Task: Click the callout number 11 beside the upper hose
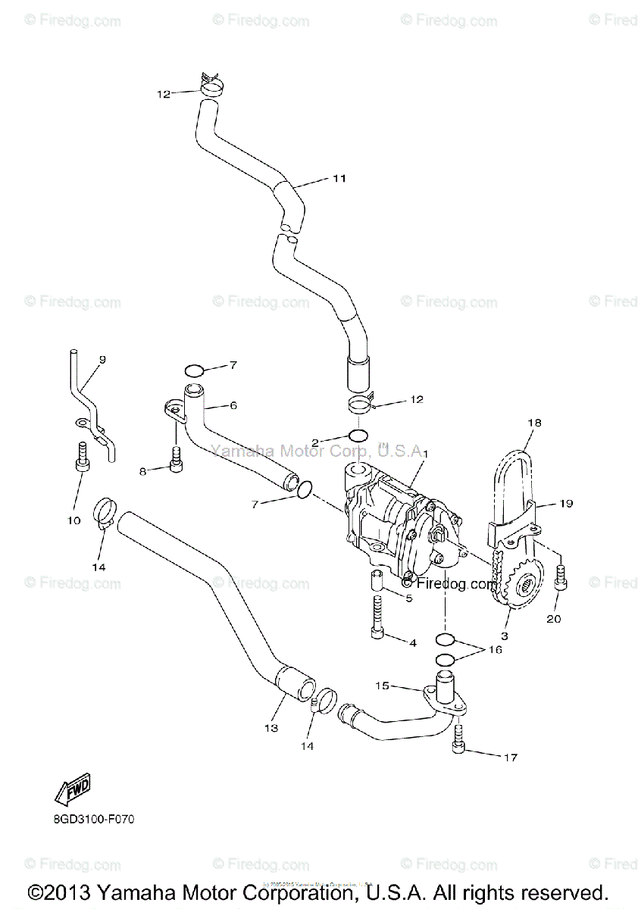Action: click(x=339, y=179)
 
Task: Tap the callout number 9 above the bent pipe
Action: click(x=102, y=359)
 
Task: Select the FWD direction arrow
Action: click(x=73, y=791)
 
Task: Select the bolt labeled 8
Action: click(x=176, y=459)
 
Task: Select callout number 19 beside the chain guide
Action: click(x=566, y=503)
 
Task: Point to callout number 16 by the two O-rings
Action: click(x=495, y=649)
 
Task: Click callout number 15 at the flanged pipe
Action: click(x=383, y=686)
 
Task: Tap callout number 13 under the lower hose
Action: click(x=271, y=728)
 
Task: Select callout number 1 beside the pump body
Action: click(x=426, y=453)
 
